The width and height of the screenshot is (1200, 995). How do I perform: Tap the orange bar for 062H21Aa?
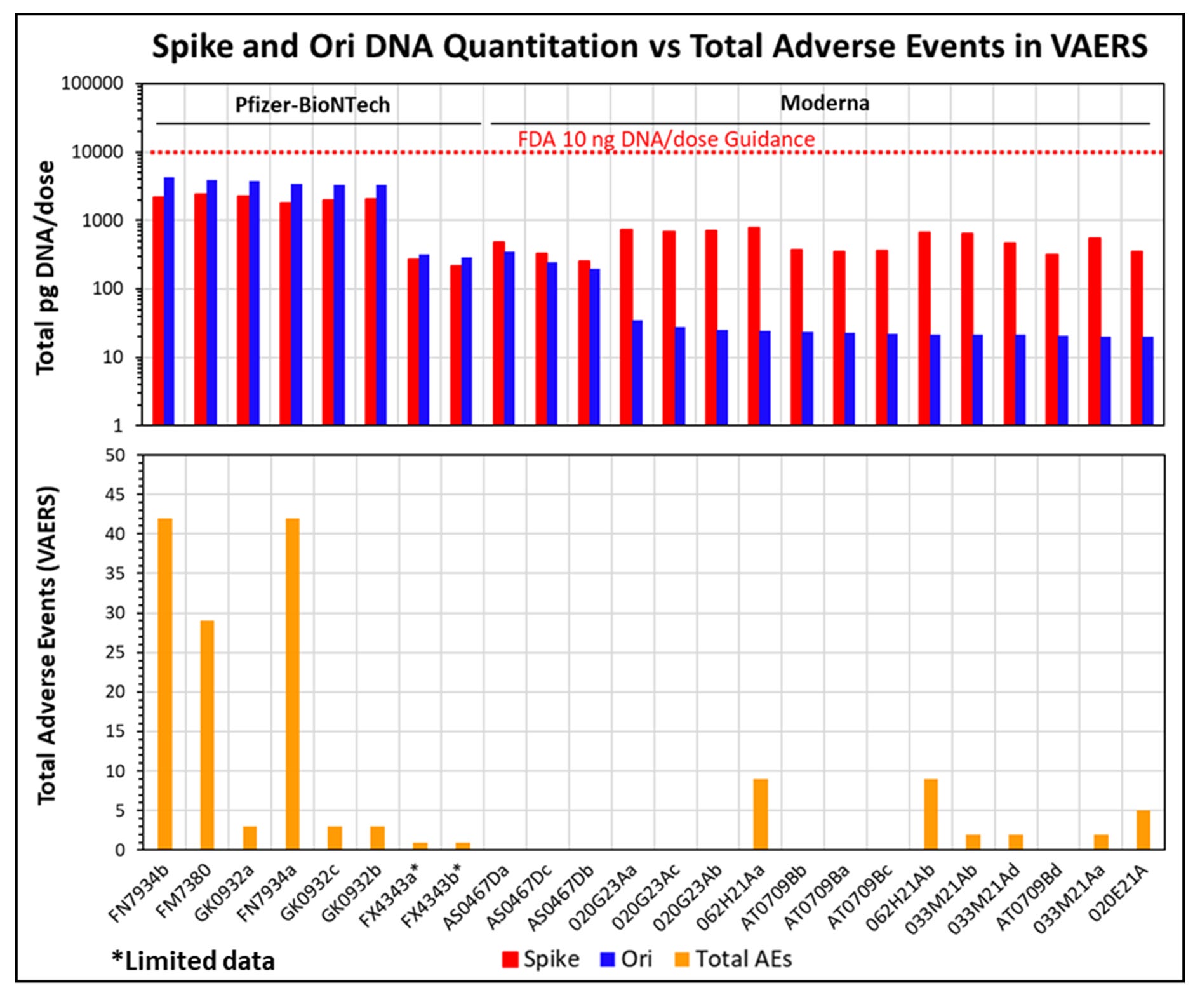(x=761, y=814)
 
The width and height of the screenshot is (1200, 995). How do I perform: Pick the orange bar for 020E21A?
(x=1143, y=830)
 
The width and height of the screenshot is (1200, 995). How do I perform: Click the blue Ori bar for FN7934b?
(x=169, y=301)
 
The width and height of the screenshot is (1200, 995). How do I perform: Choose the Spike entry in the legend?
(x=540, y=959)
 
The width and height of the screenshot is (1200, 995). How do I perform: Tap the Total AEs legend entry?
(x=733, y=959)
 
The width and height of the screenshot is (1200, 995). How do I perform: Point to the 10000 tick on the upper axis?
(x=97, y=152)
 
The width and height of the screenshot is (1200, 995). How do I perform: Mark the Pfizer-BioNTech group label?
(x=312, y=105)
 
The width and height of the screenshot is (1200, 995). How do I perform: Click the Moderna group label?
(x=824, y=103)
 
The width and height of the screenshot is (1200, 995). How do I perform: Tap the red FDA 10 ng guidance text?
(x=666, y=139)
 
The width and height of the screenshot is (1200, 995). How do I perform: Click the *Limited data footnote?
(x=194, y=961)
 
